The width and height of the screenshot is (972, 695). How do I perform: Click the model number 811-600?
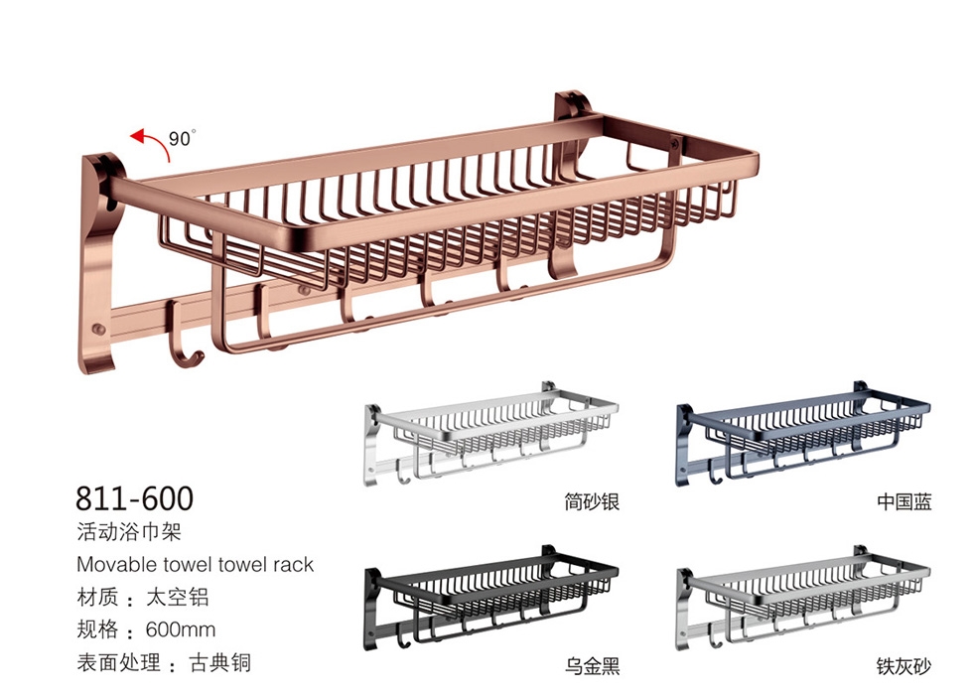(134, 497)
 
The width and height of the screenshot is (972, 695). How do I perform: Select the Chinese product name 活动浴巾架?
(129, 532)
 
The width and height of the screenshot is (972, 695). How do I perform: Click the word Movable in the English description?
(117, 564)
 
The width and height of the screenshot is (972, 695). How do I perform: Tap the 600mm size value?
(181, 629)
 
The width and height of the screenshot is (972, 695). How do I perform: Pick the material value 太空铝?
(178, 597)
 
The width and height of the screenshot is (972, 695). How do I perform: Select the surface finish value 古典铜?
(220, 663)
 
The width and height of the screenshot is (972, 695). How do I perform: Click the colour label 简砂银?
(592, 501)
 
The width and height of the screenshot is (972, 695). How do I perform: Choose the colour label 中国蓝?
(904, 501)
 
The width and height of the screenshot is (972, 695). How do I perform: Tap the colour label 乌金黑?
(592, 666)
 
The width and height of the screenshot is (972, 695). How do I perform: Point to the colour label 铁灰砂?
(903, 666)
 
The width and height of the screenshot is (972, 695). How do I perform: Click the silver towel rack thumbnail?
(490, 433)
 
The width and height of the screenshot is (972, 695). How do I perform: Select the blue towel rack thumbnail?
(803, 433)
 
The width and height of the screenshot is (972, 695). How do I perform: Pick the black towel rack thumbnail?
(490, 598)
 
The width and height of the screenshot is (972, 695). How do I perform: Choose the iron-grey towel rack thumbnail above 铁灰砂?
(803, 598)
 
